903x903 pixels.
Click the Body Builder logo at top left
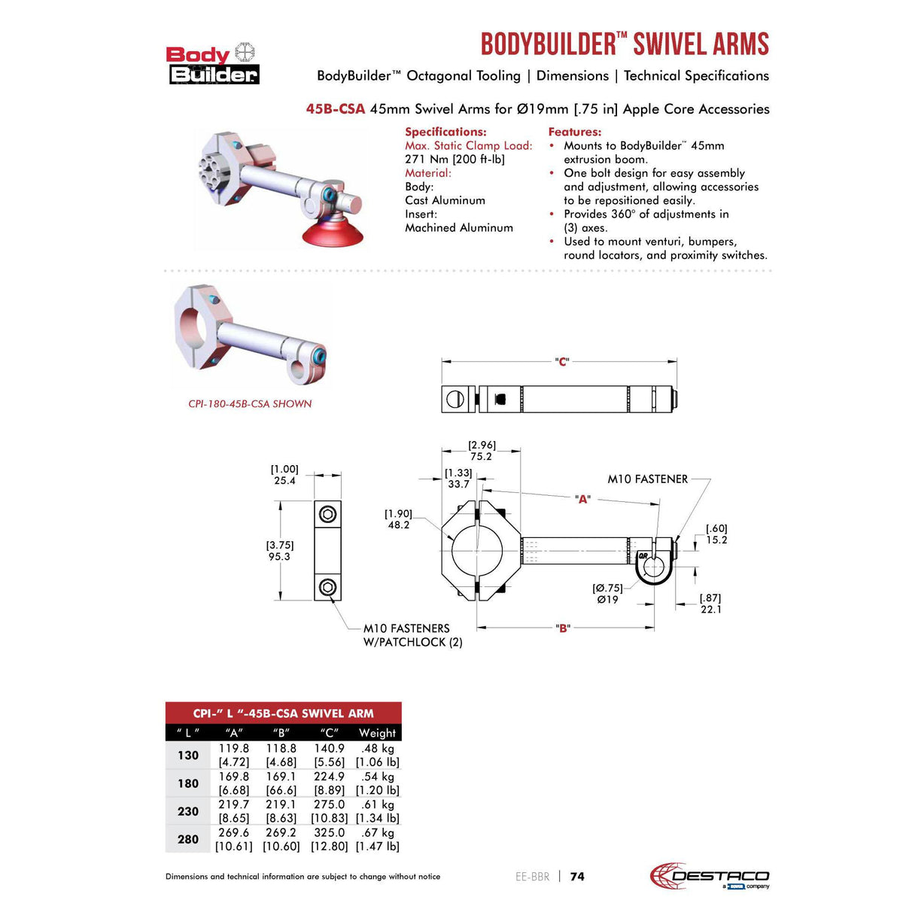(x=212, y=64)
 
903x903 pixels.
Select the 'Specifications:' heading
(x=445, y=132)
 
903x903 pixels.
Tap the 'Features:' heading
(x=574, y=132)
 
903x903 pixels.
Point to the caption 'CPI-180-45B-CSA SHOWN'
(x=250, y=404)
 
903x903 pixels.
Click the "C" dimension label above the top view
(x=561, y=362)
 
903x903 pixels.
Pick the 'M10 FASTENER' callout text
(x=647, y=479)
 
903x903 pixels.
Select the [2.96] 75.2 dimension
(x=481, y=451)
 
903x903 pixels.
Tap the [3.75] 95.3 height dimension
(x=279, y=551)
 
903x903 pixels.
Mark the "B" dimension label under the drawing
(x=562, y=628)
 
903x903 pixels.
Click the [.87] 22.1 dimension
(x=710, y=604)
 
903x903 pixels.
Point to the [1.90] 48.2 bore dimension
(x=398, y=519)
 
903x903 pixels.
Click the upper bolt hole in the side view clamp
(x=327, y=514)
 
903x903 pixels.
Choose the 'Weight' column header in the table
(x=377, y=732)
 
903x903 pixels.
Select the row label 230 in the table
(x=188, y=811)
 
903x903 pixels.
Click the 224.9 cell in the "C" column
(x=330, y=777)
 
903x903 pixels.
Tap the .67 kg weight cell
(x=377, y=832)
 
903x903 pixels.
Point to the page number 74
(x=577, y=876)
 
